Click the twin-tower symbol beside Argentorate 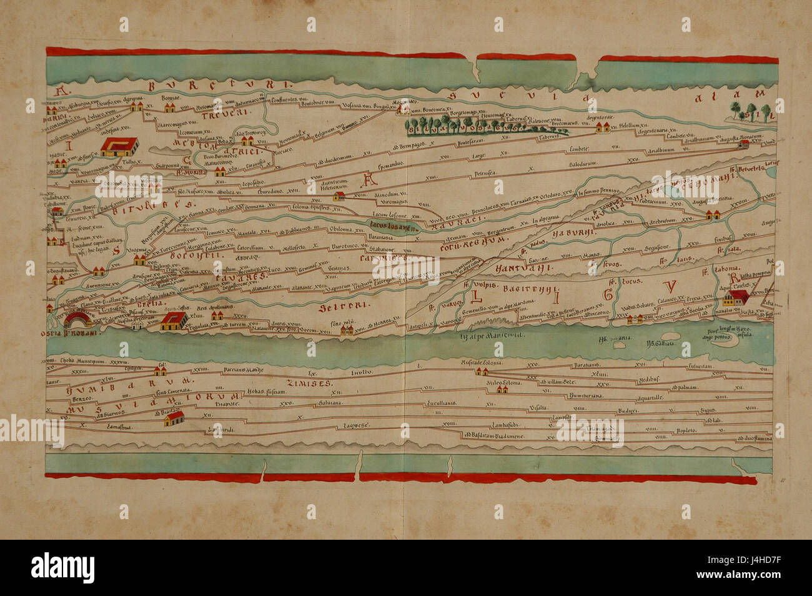click(602, 128)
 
